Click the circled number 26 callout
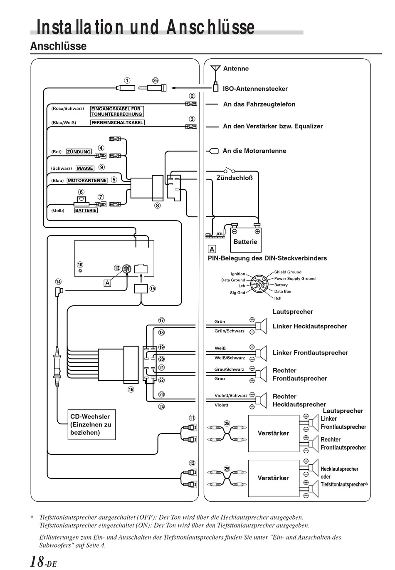coord(155,80)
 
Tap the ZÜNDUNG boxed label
coord(79,152)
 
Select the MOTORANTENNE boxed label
coord(87,181)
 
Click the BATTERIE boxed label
coord(86,211)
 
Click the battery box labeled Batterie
coord(245,239)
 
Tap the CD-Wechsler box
coord(91,424)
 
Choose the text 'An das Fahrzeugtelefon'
coord(259,104)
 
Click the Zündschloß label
coord(234,178)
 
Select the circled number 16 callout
coord(131,389)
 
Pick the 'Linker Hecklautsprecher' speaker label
coord(310,326)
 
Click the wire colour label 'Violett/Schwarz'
coord(231,395)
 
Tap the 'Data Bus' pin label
coord(282,291)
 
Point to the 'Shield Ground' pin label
coord(288,272)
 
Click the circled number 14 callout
coord(58,282)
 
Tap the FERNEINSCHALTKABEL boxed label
coord(117,122)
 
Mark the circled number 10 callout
coord(80,265)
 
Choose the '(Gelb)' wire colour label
coord(58,211)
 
